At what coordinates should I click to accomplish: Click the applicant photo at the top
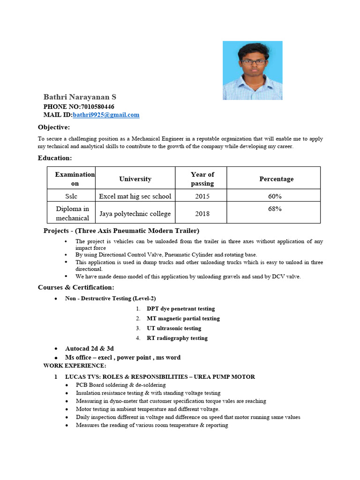252,70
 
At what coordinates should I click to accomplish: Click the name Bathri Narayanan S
80,97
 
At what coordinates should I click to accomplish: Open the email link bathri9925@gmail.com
106,115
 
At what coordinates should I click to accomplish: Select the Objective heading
54,127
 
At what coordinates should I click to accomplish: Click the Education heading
55,158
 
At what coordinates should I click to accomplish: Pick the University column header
135,179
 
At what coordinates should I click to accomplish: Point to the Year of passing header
202,179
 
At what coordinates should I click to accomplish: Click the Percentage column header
277,179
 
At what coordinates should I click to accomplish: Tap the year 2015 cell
202,196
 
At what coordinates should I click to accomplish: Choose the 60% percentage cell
275,196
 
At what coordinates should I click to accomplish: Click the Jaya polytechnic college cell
135,214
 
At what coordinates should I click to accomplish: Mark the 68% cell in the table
275,209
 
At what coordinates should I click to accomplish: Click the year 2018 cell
202,214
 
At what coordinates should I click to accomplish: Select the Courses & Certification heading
76,287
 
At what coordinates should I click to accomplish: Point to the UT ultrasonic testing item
174,328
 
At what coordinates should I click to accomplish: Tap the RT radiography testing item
177,338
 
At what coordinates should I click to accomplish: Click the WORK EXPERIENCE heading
75,365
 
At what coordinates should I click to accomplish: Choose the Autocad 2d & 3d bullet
89,348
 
